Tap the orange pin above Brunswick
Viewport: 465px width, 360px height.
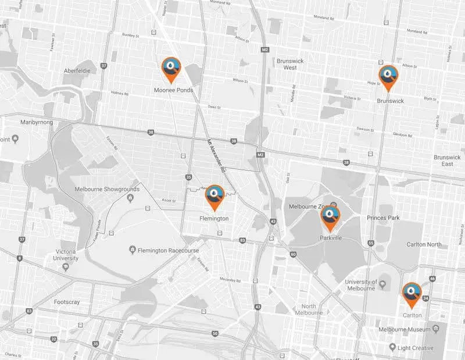point(388,76)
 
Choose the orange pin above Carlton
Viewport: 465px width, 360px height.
point(412,293)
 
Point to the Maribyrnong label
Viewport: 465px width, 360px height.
point(37,123)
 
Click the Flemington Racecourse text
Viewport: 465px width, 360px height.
point(168,250)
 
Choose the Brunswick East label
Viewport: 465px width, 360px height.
point(447,161)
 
